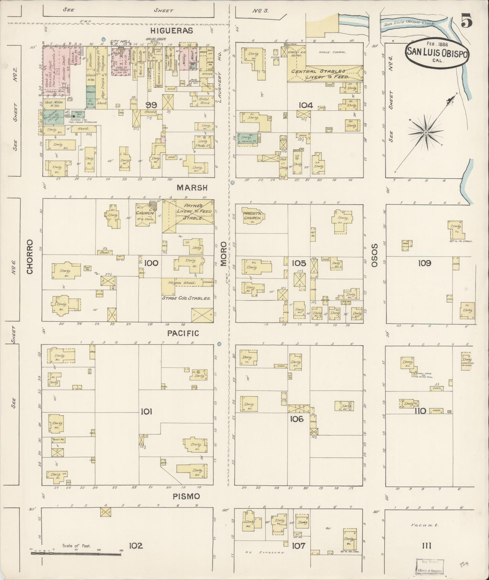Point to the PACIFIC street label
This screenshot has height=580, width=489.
[x=183, y=333]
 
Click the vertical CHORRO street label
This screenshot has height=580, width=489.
[x=30, y=257]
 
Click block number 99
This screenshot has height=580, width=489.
[x=151, y=105]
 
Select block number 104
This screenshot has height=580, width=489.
[x=305, y=105]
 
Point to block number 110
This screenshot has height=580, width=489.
[x=420, y=411]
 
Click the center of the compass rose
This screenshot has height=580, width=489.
[x=426, y=132]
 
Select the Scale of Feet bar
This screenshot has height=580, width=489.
[x=76, y=553]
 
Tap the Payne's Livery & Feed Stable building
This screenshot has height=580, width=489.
[x=188, y=216]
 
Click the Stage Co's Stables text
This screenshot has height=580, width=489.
[x=186, y=298]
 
